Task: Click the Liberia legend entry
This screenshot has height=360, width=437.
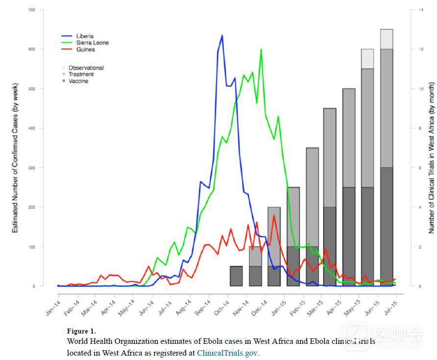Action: click(85, 36)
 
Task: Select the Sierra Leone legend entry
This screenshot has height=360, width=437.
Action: click(92, 43)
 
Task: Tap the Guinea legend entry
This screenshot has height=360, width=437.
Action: click(85, 50)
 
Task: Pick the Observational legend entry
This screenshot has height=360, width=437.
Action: click(86, 68)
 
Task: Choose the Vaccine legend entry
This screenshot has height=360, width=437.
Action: click(78, 81)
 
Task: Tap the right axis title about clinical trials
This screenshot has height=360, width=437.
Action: click(432, 147)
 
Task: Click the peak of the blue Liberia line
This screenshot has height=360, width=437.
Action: click(222, 35)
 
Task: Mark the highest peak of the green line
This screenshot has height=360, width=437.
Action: click(261, 50)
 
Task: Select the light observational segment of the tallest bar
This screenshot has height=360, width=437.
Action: click(387, 39)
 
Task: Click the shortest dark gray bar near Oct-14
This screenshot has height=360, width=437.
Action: click(236, 276)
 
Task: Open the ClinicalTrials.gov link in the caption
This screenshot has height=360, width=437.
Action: click(227, 353)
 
